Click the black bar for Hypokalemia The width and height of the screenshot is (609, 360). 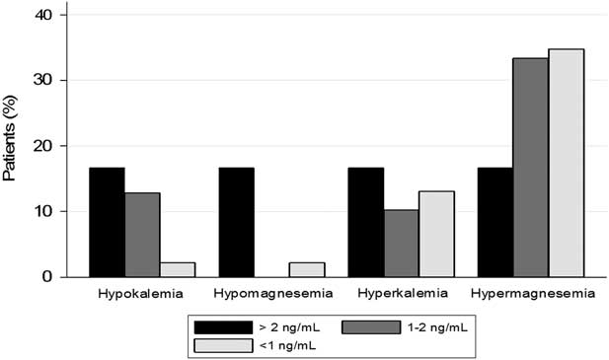[107, 222]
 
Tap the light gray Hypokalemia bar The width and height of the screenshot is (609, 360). [178, 269]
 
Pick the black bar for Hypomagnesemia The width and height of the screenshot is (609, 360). [236, 222]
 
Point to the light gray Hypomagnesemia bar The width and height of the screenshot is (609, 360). [307, 269]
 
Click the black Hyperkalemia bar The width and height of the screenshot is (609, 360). [365, 222]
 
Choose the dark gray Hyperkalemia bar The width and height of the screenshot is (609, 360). [401, 243]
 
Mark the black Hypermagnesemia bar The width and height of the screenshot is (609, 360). [495, 222]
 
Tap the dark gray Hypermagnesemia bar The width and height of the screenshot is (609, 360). [530, 168]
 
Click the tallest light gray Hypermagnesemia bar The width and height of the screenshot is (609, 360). [566, 163]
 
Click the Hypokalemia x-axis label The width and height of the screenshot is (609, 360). [141, 294]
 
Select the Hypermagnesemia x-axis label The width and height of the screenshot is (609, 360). [533, 294]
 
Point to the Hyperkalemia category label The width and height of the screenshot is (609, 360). [402, 294]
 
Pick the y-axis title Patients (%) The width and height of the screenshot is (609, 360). [11, 145]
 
